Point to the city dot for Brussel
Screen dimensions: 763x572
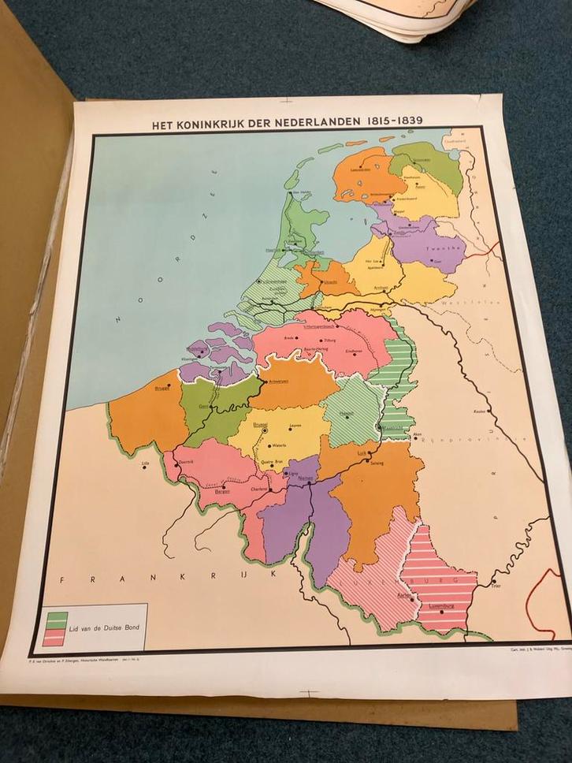266,430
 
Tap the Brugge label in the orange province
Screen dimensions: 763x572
162,387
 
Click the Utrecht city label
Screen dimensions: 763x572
331,281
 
